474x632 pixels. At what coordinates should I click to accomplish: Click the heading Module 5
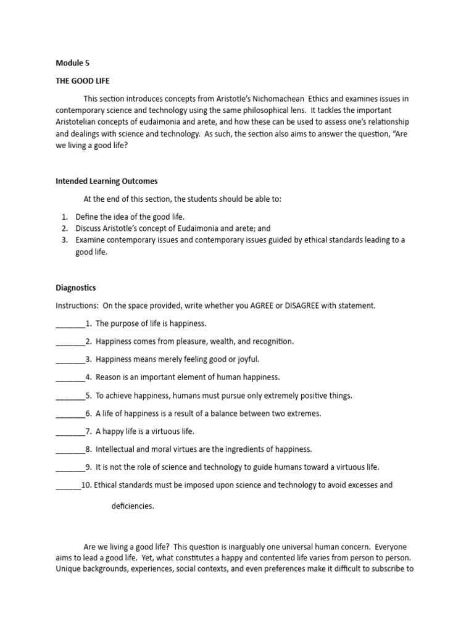pyautogui.click(x=73, y=63)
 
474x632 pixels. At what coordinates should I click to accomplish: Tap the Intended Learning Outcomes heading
pyautogui.click(x=106, y=181)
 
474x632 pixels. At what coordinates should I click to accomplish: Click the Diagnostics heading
pyautogui.click(x=76, y=288)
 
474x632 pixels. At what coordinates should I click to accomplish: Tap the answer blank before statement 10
pyautogui.click(x=68, y=485)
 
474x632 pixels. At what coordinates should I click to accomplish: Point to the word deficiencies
pyautogui.click(x=133, y=507)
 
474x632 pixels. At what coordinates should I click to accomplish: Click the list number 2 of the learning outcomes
pyautogui.click(x=65, y=228)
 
